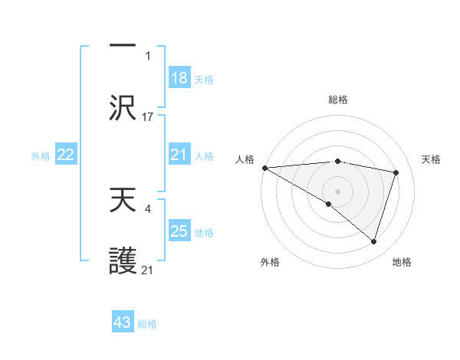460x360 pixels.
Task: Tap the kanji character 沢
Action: [123, 109]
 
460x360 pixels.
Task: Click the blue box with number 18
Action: [179, 77]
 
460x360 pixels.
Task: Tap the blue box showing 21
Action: [179, 155]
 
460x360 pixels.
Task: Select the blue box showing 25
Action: [179, 231]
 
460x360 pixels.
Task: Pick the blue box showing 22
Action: [65, 155]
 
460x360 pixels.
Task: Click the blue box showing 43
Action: [123, 322]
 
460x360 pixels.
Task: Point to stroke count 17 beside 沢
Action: [148, 117]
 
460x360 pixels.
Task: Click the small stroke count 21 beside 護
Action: [148, 270]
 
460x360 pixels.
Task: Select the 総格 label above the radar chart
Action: [338, 100]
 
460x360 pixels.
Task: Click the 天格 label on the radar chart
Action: [432, 159]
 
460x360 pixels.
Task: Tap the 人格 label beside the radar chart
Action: [244, 159]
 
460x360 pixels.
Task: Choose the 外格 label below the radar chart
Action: [269, 263]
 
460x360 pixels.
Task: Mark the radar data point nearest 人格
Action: [264, 168]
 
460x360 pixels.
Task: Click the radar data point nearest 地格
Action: [374, 241]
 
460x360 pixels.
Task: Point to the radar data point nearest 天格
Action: [396, 172]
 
